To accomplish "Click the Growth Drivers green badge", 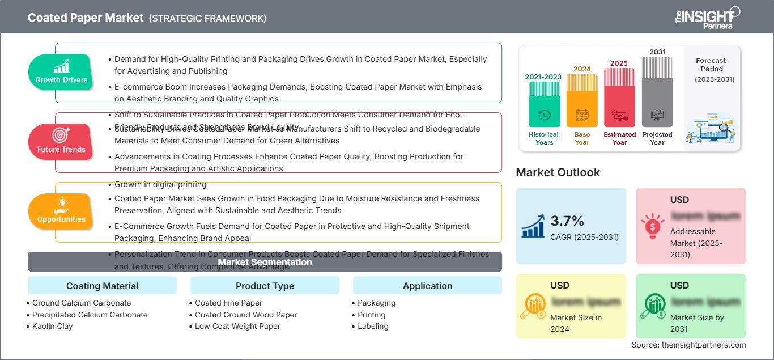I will click(x=61, y=72).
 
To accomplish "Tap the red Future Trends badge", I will click(x=61, y=142).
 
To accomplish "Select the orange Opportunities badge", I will click(x=61, y=211).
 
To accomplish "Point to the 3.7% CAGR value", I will click(x=567, y=221).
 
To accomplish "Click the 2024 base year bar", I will click(x=582, y=100).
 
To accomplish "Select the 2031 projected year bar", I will click(x=657, y=92).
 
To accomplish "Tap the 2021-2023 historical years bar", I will click(x=544, y=104).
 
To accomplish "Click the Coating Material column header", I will click(x=102, y=286).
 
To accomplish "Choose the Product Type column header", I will click(x=265, y=286).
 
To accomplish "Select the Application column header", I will click(x=427, y=286).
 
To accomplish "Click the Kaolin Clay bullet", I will click(x=52, y=326).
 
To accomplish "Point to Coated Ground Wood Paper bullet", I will click(x=246, y=315).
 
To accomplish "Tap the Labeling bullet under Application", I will click(x=373, y=326).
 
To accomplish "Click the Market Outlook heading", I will click(x=558, y=172).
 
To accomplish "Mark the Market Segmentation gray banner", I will click(x=265, y=262).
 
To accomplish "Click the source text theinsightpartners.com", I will click(x=688, y=345).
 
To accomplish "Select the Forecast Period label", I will click(x=711, y=65).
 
